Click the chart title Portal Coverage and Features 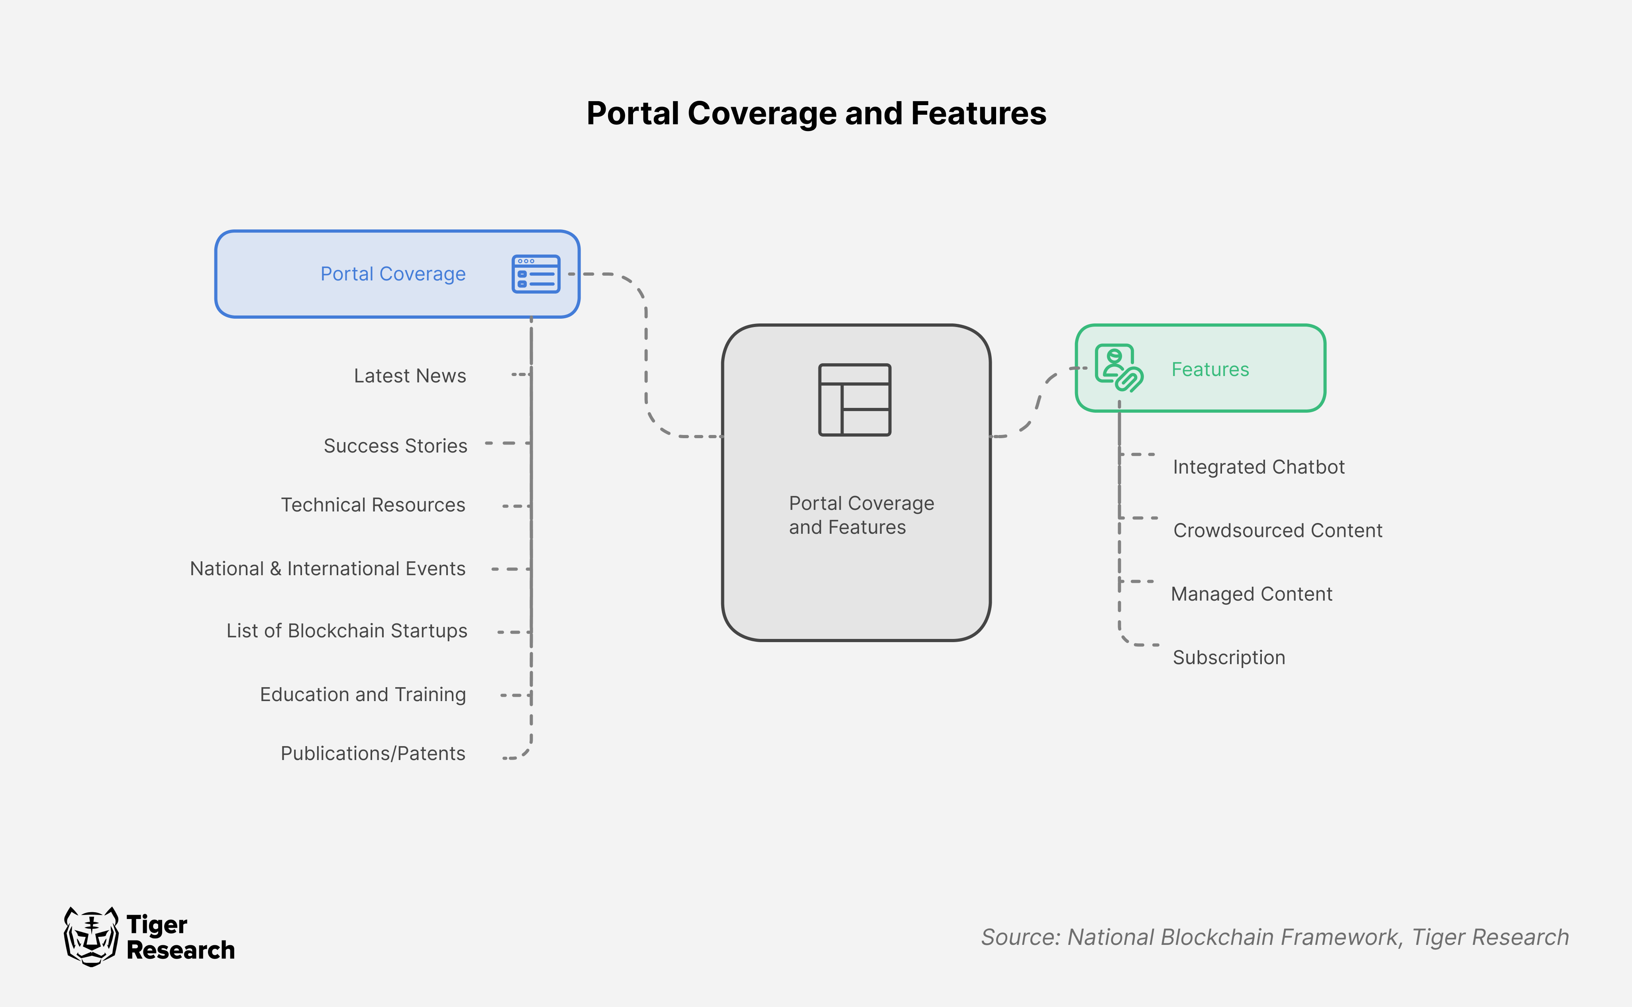(x=816, y=113)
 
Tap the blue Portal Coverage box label (x=393, y=274)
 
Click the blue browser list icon (x=535, y=274)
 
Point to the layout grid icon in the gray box (x=855, y=400)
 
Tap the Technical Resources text (x=373, y=505)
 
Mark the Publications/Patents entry (x=373, y=753)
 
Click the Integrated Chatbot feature (x=1258, y=467)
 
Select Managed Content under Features (x=1251, y=594)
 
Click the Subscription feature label (x=1228, y=657)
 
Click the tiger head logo (x=91, y=936)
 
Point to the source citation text (x=1274, y=936)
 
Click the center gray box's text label (x=861, y=515)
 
